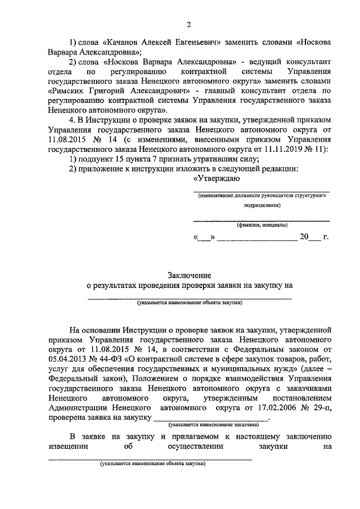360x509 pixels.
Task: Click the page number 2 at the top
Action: click(x=190, y=24)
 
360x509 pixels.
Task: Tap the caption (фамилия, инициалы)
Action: click(x=262, y=226)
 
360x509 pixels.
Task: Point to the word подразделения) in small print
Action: click(x=262, y=206)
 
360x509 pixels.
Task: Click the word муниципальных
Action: click(x=220, y=368)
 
